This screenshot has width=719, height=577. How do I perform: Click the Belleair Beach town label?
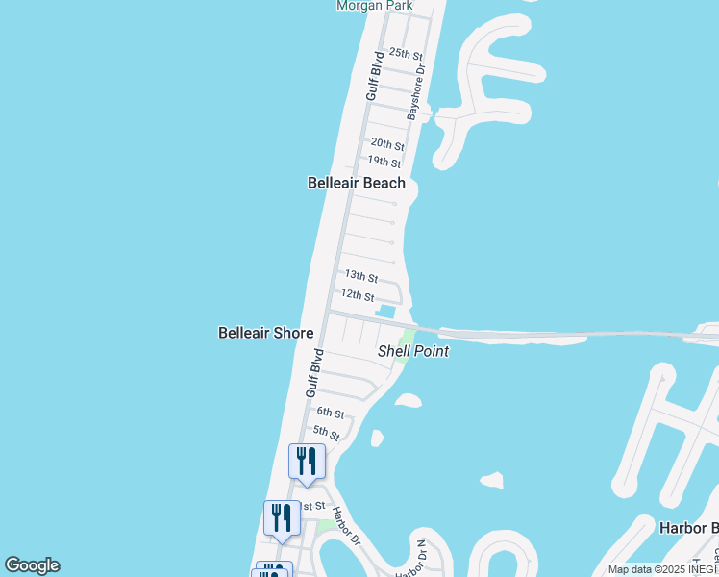click(x=356, y=183)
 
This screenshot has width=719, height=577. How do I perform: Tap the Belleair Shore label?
click(x=265, y=333)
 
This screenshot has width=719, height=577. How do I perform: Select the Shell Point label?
click(x=413, y=351)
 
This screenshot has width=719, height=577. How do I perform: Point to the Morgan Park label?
click(x=374, y=6)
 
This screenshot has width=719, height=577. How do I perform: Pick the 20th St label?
click(x=387, y=143)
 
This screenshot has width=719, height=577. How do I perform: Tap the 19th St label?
click(x=384, y=163)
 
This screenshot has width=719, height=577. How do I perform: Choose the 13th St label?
click(x=361, y=277)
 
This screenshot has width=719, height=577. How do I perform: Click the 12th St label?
click(x=357, y=297)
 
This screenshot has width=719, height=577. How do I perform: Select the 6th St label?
click(x=331, y=413)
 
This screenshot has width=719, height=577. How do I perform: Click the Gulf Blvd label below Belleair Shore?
click(x=313, y=373)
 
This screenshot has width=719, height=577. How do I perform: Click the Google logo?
click(x=32, y=565)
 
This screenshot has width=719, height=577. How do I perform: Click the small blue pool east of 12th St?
click(x=386, y=311)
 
